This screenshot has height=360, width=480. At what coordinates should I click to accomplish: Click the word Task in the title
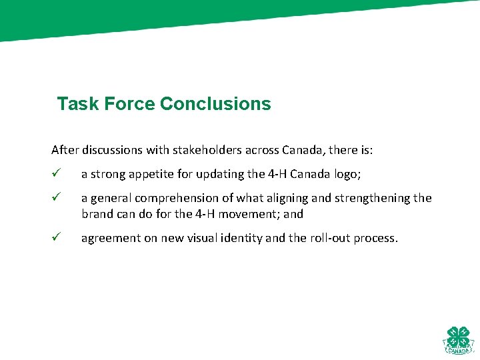point(73,104)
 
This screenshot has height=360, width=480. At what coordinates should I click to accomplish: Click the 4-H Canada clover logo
point(457,340)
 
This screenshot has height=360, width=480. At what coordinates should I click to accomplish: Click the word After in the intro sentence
point(65,150)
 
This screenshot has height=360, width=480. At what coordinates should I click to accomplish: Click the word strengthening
point(376,198)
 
